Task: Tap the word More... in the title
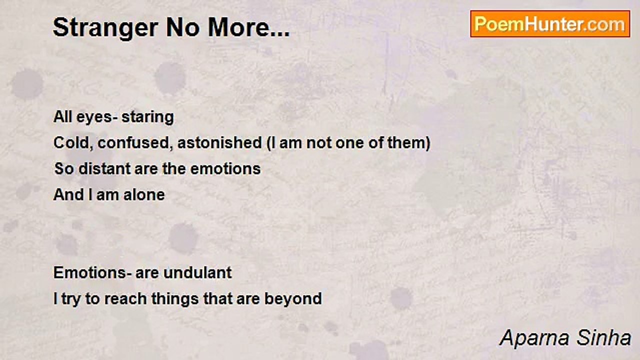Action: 248,27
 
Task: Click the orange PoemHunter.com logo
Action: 550,24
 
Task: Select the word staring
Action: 147,117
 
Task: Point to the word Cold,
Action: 73,142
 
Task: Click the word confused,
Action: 135,142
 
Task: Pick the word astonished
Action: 219,142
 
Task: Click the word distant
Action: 104,168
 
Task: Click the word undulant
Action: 197,272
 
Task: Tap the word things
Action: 175,299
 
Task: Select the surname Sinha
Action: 603,337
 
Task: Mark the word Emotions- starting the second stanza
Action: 92,272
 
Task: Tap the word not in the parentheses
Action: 319,142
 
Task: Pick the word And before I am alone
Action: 68,194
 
